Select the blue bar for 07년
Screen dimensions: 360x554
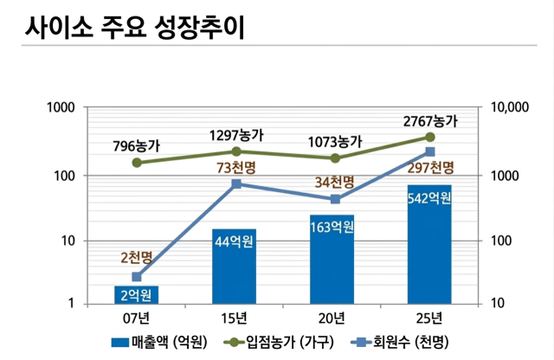click(x=136, y=294)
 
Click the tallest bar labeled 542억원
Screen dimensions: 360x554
click(x=429, y=244)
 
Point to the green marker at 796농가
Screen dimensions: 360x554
click(x=136, y=163)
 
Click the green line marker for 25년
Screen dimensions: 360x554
click(x=429, y=137)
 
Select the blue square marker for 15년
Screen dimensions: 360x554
click(x=235, y=183)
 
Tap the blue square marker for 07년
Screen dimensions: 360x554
click(x=136, y=277)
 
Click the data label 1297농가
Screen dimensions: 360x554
click(x=236, y=136)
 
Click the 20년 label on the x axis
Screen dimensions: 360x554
click(x=332, y=316)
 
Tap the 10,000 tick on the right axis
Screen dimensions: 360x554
click(x=510, y=108)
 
